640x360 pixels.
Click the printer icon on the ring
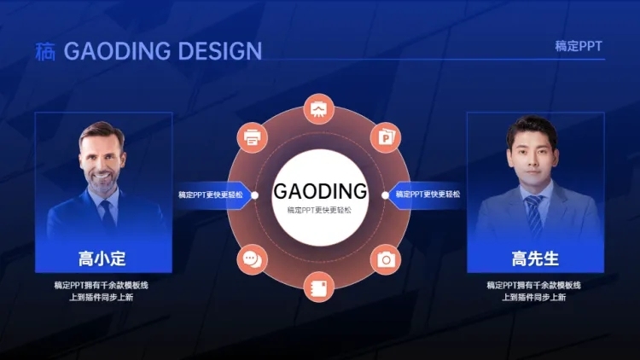[x=253, y=137]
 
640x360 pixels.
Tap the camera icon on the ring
[x=386, y=259]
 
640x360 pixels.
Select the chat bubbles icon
[x=253, y=259]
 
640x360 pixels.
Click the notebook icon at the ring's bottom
[x=319, y=287]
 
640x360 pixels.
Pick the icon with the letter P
[x=386, y=137]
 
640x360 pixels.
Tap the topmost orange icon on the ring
[x=319, y=109]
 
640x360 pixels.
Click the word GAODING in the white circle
[x=320, y=191]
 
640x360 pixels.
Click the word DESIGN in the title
[x=220, y=51]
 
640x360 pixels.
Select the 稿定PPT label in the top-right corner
[x=579, y=47]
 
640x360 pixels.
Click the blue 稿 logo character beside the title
[x=45, y=51]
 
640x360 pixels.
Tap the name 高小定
[x=102, y=258]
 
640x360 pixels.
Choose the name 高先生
[x=535, y=258]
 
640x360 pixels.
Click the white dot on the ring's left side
[x=254, y=195]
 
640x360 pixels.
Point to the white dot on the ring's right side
[x=385, y=195]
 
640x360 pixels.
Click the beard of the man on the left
[x=102, y=183]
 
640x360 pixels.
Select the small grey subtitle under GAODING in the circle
[x=319, y=210]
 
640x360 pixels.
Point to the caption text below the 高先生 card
[x=534, y=291]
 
